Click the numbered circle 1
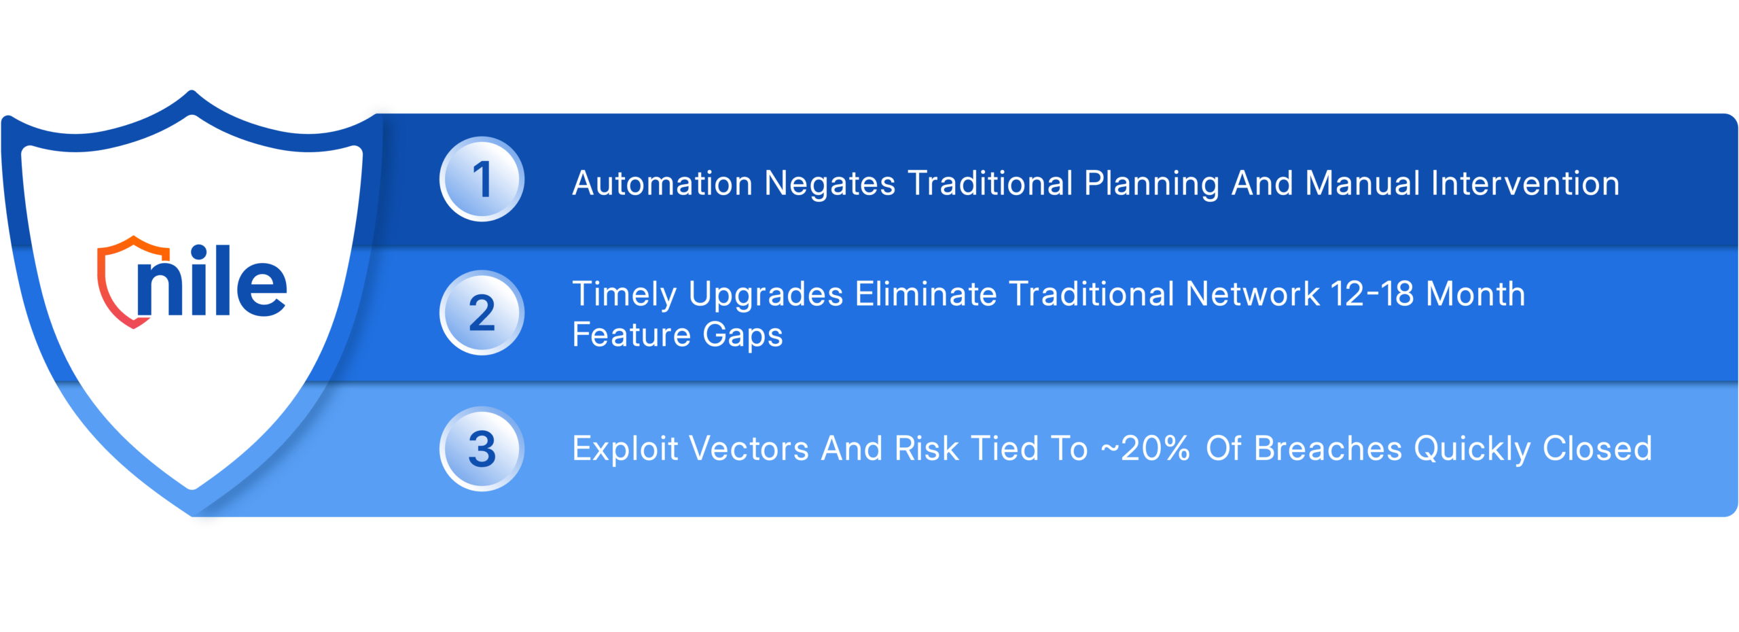click(482, 179)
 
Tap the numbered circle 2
click(482, 313)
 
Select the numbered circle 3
click(482, 449)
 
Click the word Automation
click(662, 183)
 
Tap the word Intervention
click(1525, 183)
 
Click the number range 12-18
click(1372, 294)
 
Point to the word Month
click(1475, 294)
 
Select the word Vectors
click(749, 449)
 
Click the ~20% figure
click(1145, 449)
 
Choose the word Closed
click(1597, 449)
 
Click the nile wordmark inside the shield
click(211, 280)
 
